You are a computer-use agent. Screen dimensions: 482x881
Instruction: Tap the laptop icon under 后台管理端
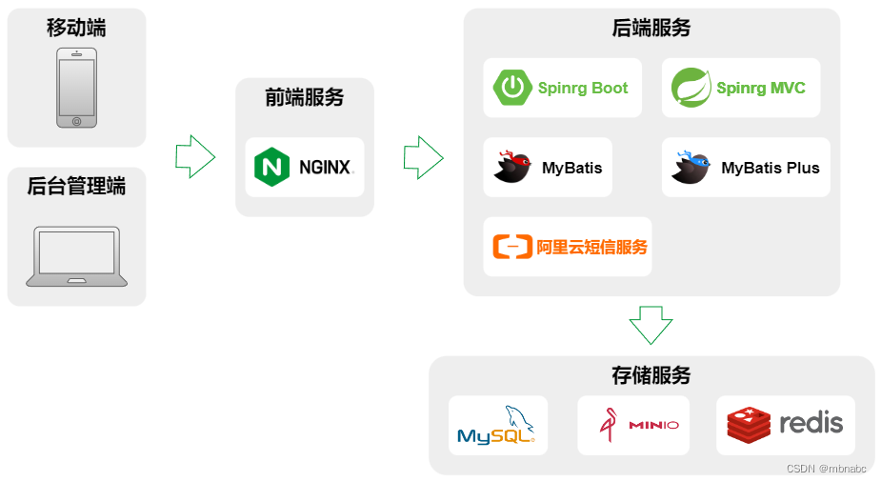(76, 255)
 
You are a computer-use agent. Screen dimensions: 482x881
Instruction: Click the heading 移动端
(76, 28)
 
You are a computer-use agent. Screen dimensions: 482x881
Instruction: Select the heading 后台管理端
(76, 187)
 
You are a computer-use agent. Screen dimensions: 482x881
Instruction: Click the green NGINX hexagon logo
(272, 168)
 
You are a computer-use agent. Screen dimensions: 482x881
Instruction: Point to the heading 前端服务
(305, 97)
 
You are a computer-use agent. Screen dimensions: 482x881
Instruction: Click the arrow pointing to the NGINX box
(195, 156)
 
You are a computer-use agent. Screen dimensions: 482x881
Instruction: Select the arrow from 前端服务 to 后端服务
(424, 156)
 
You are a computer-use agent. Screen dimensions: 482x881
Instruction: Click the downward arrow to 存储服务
(651, 324)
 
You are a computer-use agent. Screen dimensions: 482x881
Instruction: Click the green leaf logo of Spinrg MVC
(691, 88)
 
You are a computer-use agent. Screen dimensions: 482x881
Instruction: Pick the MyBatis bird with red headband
(512, 167)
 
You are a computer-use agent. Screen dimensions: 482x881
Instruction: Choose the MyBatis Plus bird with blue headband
(691, 167)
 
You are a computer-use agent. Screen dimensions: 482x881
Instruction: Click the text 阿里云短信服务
(591, 248)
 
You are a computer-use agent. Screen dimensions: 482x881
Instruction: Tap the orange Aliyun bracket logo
(511, 248)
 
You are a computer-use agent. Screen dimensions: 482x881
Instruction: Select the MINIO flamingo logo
(608, 425)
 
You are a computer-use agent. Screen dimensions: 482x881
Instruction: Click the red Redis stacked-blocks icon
(749, 425)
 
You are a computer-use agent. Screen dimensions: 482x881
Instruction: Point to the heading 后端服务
(651, 29)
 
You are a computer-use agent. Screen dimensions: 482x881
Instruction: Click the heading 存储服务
(651, 375)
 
